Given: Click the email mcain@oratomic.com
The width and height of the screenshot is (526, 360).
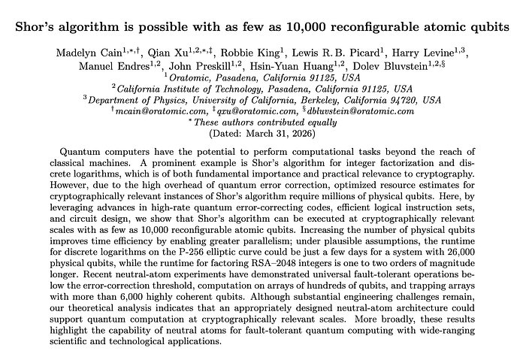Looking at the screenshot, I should (161, 110).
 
